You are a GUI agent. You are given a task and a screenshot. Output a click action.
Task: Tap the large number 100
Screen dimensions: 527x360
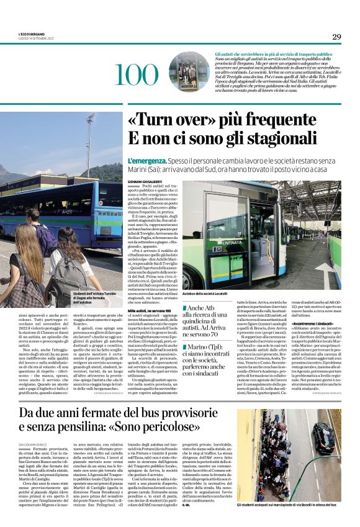click(x=137, y=75)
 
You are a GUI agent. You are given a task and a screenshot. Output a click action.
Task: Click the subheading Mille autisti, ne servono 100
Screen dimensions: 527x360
click(x=149, y=310)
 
